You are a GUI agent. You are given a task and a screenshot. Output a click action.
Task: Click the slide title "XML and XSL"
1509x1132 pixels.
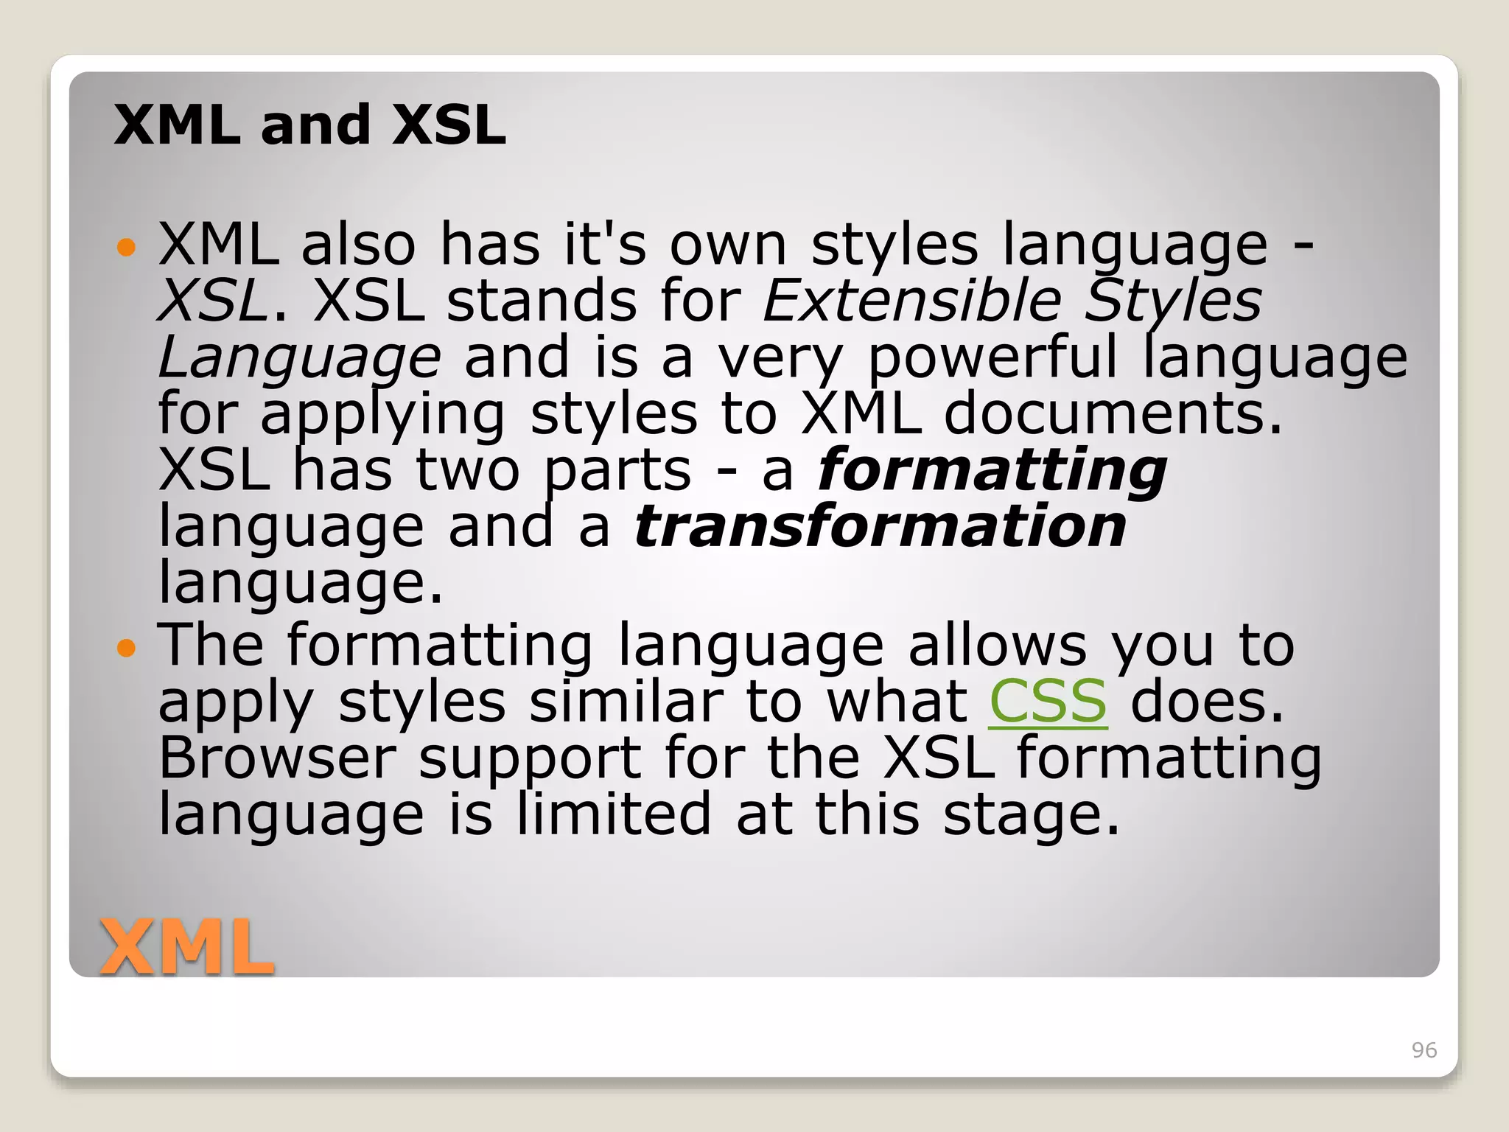(309, 125)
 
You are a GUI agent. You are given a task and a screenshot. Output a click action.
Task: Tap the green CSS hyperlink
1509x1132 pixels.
(1047, 701)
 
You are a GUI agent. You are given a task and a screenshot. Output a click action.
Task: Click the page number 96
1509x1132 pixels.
(1424, 1050)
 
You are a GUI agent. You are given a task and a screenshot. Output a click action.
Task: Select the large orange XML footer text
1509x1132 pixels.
(186, 947)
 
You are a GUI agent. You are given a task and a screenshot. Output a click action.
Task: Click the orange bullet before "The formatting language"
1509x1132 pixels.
(127, 648)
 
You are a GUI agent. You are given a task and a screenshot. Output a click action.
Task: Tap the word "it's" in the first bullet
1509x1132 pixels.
(605, 244)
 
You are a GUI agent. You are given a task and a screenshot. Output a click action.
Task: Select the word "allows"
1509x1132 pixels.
(997, 645)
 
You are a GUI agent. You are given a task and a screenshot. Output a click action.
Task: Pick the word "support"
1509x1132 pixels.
(530, 759)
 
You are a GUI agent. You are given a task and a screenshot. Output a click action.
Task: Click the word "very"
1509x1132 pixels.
(780, 359)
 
